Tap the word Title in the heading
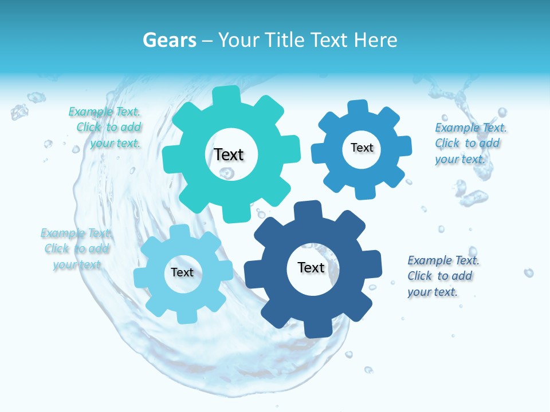pyautogui.click(x=284, y=40)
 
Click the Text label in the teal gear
pyautogui.click(x=229, y=154)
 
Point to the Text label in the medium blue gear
pyautogui.click(x=362, y=148)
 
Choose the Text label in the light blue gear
pyautogui.click(x=182, y=272)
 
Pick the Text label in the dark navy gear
pyautogui.click(x=311, y=267)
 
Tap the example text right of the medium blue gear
pyautogui.click(x=470, y=143)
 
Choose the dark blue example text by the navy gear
pyautogui.click(x=442, y=276)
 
